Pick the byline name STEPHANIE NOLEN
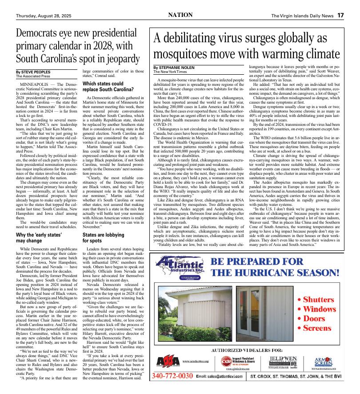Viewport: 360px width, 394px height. (176, 68)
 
